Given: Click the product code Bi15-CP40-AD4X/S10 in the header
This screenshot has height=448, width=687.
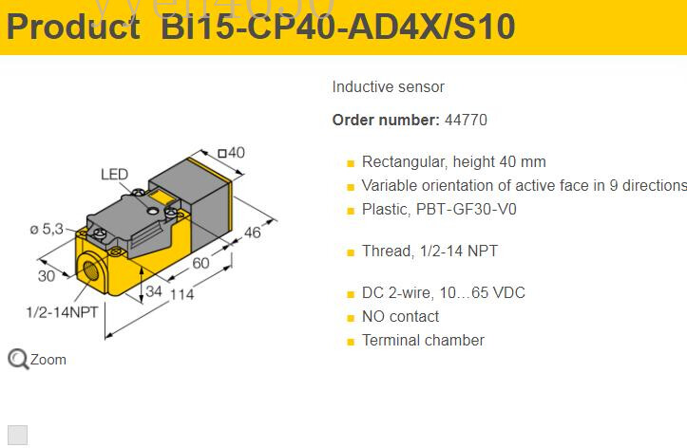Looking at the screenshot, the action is coord(338,27).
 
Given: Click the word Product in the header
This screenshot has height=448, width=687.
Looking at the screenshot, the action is coord(73,27).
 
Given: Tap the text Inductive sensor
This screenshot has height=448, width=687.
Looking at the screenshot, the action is coord(388,87).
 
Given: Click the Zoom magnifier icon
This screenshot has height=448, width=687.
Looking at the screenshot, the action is coord(18,359).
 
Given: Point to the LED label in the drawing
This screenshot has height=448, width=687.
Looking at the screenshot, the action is coord(114,175).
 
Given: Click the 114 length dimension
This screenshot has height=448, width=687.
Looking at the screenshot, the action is coord(181,294).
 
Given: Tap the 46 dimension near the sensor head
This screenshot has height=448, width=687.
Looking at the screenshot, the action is coord(251,233).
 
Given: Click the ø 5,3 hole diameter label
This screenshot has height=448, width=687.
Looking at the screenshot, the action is coord(46,229).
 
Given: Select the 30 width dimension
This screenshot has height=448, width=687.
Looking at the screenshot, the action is coord(47,275).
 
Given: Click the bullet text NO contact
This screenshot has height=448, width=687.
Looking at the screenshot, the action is coord(400,316).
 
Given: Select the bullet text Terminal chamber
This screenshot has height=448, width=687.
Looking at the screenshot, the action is coord(423,340).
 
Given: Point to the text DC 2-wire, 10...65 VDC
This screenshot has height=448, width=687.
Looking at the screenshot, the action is coord(443,292).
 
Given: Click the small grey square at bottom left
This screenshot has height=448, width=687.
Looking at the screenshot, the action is coord(17,435).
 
